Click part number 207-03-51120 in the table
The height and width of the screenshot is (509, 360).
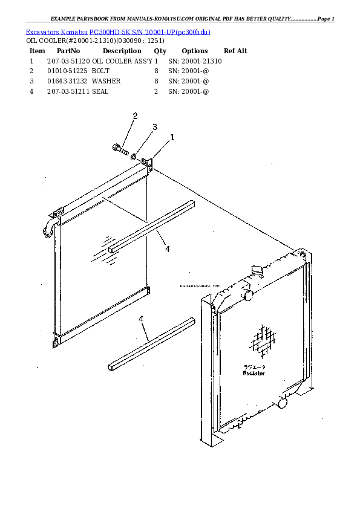(x=68, y=61)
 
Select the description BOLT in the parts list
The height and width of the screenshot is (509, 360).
(x=100, y=71)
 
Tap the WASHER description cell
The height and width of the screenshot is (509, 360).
(x=106, y=80)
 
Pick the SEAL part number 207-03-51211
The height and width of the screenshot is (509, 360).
(x=68, y=91)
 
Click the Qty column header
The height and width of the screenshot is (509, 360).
(x=160, y=51)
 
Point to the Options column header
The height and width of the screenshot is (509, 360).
(x=194, y=51)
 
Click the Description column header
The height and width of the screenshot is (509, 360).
(x=122, y=51)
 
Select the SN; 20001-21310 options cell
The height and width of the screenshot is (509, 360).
(x=195, y=61)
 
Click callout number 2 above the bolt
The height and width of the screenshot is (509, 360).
(x=135, y=116)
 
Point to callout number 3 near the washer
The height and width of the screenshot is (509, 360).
(x=154, y=127)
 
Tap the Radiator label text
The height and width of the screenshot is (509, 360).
(x=254, y=373)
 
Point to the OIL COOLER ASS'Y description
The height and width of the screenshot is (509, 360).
(x=122, y=61)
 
